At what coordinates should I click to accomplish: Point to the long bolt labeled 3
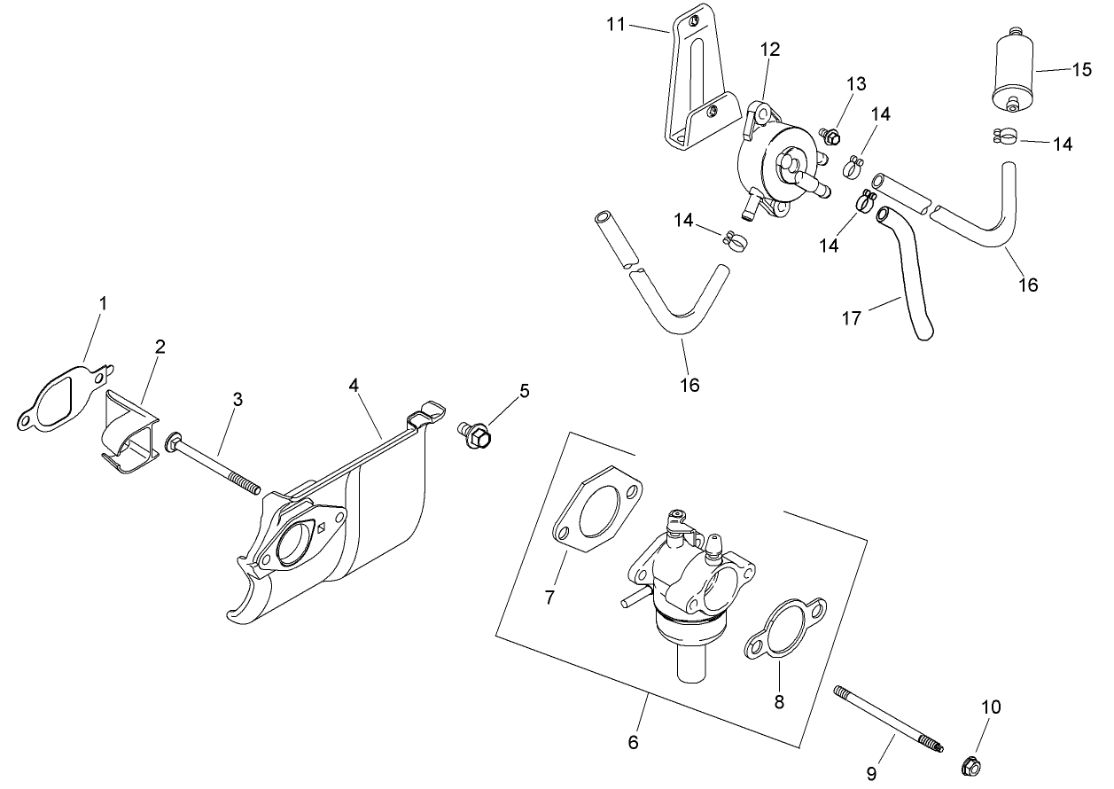click(213, 463)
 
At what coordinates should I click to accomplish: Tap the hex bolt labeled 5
click(477, 434)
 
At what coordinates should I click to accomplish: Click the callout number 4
click(354, 385)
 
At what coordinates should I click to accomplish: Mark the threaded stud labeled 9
click(886, 718)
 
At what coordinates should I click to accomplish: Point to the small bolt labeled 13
click(831, 137)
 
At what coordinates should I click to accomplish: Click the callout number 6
click(633, 742)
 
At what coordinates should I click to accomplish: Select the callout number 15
click(1082, 70)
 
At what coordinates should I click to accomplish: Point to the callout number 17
click(851, 318)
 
